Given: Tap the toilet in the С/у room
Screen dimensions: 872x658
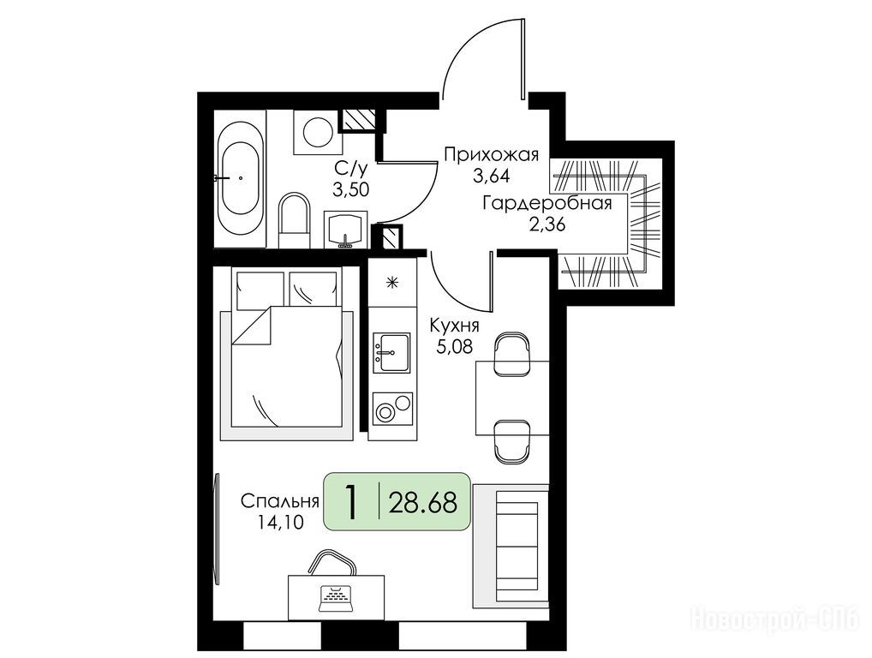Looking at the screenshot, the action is pos(293,220).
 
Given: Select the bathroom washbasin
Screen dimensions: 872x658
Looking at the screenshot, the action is pos(345,229).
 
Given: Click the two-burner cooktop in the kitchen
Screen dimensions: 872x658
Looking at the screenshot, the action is pos(392,409).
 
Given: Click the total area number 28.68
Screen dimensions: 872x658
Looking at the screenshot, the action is pos(422,503).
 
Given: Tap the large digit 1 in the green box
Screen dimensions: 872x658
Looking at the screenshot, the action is pos(350,502).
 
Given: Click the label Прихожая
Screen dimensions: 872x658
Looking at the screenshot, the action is pos(491,154).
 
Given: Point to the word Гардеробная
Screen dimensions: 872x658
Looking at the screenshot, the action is pos(547,203).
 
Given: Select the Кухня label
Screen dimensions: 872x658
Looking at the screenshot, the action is pos(454,325).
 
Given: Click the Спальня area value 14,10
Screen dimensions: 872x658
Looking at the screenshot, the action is pos(280,522).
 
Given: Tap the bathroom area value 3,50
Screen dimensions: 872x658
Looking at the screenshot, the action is pos(351,189).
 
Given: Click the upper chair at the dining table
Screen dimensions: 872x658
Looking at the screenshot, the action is pos(512,355).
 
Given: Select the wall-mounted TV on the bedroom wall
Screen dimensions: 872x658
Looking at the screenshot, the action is pos(217,529).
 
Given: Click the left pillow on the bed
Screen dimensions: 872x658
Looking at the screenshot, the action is pos(260,290).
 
